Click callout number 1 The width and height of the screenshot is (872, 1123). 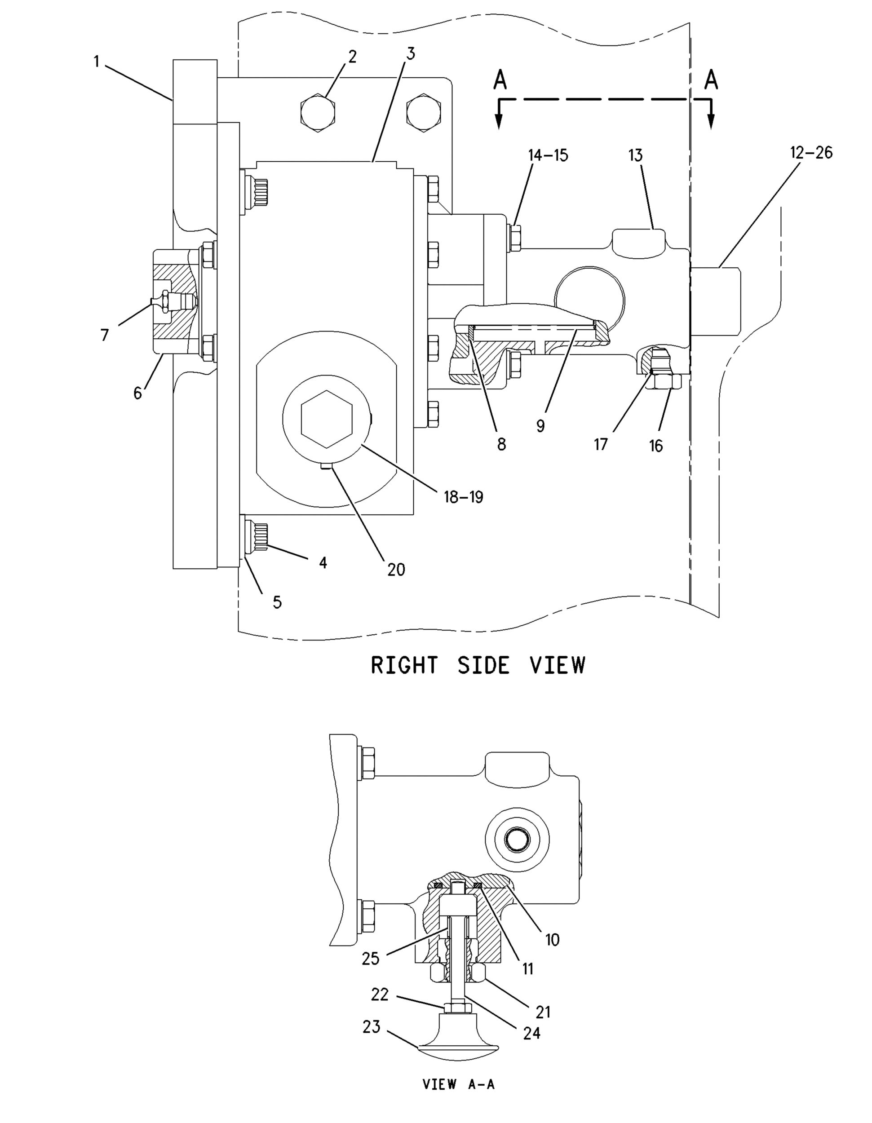[x=96, y=62]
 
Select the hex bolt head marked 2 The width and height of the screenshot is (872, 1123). [x=318, y=114]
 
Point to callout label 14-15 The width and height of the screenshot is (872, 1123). [x=548, y=155]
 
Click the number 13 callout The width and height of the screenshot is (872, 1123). [x=636, y=155]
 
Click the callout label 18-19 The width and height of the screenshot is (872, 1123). [x=463, y=497]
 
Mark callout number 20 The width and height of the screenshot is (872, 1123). [x=396, y=569]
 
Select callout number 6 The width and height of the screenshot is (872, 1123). [x=138, y=393]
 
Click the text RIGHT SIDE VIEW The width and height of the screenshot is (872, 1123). [x=478, y=665]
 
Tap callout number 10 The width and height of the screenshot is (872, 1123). [x=552, y=940]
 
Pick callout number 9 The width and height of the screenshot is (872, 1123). [x=540, y=426]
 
